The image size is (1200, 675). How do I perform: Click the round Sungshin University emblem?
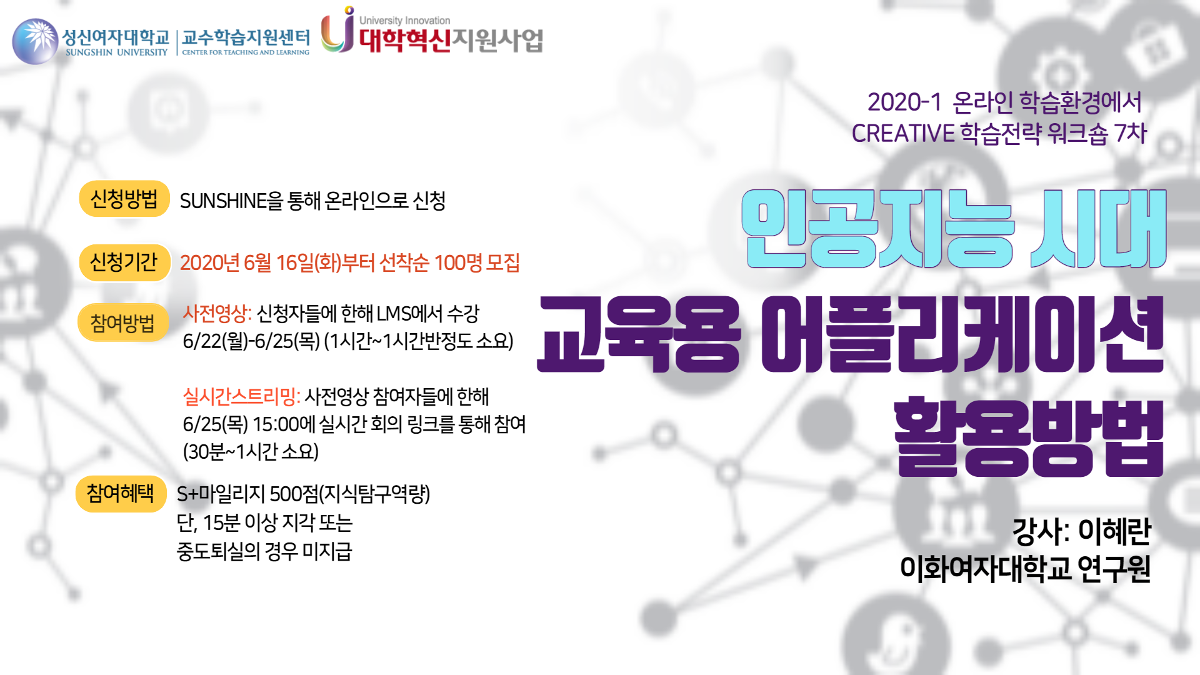[x=36, y=41]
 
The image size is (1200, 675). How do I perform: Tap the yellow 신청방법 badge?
[x=124, y=199]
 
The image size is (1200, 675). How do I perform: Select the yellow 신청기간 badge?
[x=124, y=262]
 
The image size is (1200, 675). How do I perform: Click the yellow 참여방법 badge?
[x=123, y=323]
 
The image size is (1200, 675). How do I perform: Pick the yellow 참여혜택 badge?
[x=121, y=494]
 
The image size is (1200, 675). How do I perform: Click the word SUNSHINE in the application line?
[x=223, y=201]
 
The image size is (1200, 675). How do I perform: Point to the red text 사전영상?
[x=217, y=313]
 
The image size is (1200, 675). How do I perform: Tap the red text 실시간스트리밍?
[x=241, y=396]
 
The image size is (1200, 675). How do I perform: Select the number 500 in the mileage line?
[x=285, y=494]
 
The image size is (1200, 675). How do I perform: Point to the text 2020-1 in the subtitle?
[x=904, y=102]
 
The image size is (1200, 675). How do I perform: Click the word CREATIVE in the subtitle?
[x=903, y=134]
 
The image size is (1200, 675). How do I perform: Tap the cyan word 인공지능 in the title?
[x=877, y=229]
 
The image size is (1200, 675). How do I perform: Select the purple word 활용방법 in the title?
[x=1029, y=437]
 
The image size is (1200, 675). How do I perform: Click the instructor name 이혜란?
[x=1114, y=532]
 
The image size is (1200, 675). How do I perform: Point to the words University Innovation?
[x=404, y=21]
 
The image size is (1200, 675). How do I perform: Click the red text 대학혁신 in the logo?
[x=404, y=41]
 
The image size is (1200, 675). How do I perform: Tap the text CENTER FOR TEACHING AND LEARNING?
[x=246, y=52]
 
